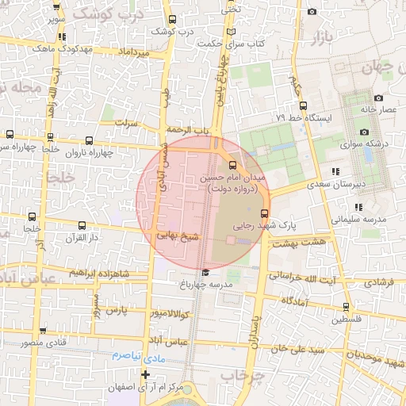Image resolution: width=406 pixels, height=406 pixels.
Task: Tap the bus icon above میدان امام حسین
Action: [x=232, y=166]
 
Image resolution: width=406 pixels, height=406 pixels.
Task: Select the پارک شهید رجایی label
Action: [x=252, y=225]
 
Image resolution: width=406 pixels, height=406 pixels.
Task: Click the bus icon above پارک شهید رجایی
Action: [x=264, y=213]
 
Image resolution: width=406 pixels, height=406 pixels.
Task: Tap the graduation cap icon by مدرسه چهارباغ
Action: [x=205, y=273]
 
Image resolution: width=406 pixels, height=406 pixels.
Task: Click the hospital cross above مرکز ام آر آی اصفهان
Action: [x=144, y=373]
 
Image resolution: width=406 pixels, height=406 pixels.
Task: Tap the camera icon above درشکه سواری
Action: [x=364, y=132]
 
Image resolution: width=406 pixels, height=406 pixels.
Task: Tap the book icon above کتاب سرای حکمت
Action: [x=231, y=32]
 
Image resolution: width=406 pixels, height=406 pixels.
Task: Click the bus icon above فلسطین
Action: [x=345, y=307]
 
